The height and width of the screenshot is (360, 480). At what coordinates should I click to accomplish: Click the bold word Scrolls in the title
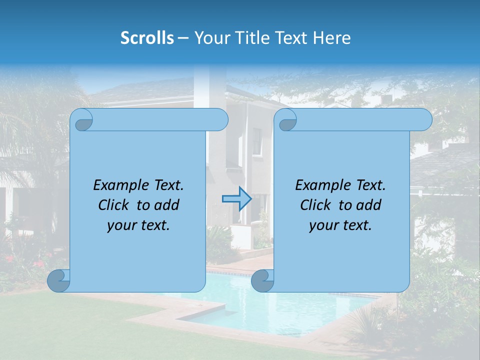coord(147,38)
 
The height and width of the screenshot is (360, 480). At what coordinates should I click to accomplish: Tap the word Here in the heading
coord(331,38)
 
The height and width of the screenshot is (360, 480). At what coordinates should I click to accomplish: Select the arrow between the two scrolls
coord(236,199)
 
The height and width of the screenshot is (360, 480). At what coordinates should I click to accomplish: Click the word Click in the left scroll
coord(115,205)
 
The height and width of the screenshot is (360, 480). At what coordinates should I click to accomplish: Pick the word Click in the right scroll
coord(317,205)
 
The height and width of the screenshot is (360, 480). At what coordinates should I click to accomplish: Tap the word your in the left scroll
coord(118,225)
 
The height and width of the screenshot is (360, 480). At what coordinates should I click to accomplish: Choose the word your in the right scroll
coord(320,225)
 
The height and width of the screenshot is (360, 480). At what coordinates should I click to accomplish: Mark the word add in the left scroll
coord(167,205)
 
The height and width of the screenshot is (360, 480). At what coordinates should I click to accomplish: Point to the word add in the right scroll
coord(369,205)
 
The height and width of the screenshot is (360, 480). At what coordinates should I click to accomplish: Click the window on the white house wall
coord(257,141)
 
